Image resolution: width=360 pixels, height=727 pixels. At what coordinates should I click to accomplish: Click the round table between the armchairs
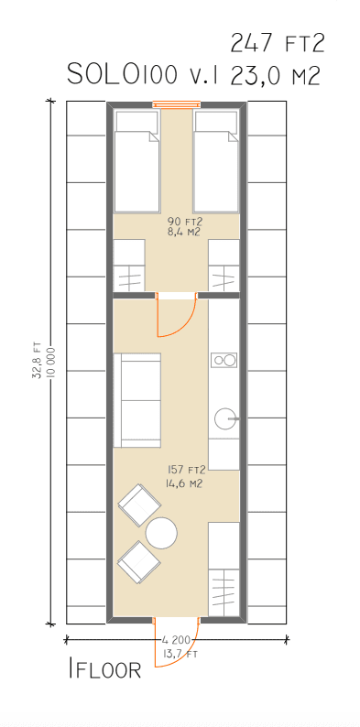tap(161, 533)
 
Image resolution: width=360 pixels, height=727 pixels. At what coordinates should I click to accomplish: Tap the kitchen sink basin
tap(226, 418)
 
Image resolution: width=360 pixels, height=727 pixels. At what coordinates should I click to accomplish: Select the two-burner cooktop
tap(224, 359)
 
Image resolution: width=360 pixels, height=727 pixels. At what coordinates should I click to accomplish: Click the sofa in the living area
tap(136, 400)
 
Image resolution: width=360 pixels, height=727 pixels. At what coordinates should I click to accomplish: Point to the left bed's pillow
tap(136, 122)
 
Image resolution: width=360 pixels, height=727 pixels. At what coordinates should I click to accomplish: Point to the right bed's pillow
tap(215, 122)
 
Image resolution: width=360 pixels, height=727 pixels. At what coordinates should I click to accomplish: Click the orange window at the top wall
tap(177, 104)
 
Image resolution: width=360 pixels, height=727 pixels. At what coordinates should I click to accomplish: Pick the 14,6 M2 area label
tap(183, 484)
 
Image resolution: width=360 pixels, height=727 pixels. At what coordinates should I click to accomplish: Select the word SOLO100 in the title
tap(123, 74)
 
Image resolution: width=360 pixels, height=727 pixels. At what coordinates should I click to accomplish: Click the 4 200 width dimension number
tap(176, 640)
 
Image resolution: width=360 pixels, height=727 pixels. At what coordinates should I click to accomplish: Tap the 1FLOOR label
tap(104, 668)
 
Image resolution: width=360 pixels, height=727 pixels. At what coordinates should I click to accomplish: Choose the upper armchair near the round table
tap(139, 505)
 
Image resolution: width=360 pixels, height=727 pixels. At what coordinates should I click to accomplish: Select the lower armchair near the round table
tap(138, 561)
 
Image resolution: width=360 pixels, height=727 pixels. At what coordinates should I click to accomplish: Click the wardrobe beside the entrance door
tap(224, 569)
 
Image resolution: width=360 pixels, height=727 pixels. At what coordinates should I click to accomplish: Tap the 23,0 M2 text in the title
tap(275, 75)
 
